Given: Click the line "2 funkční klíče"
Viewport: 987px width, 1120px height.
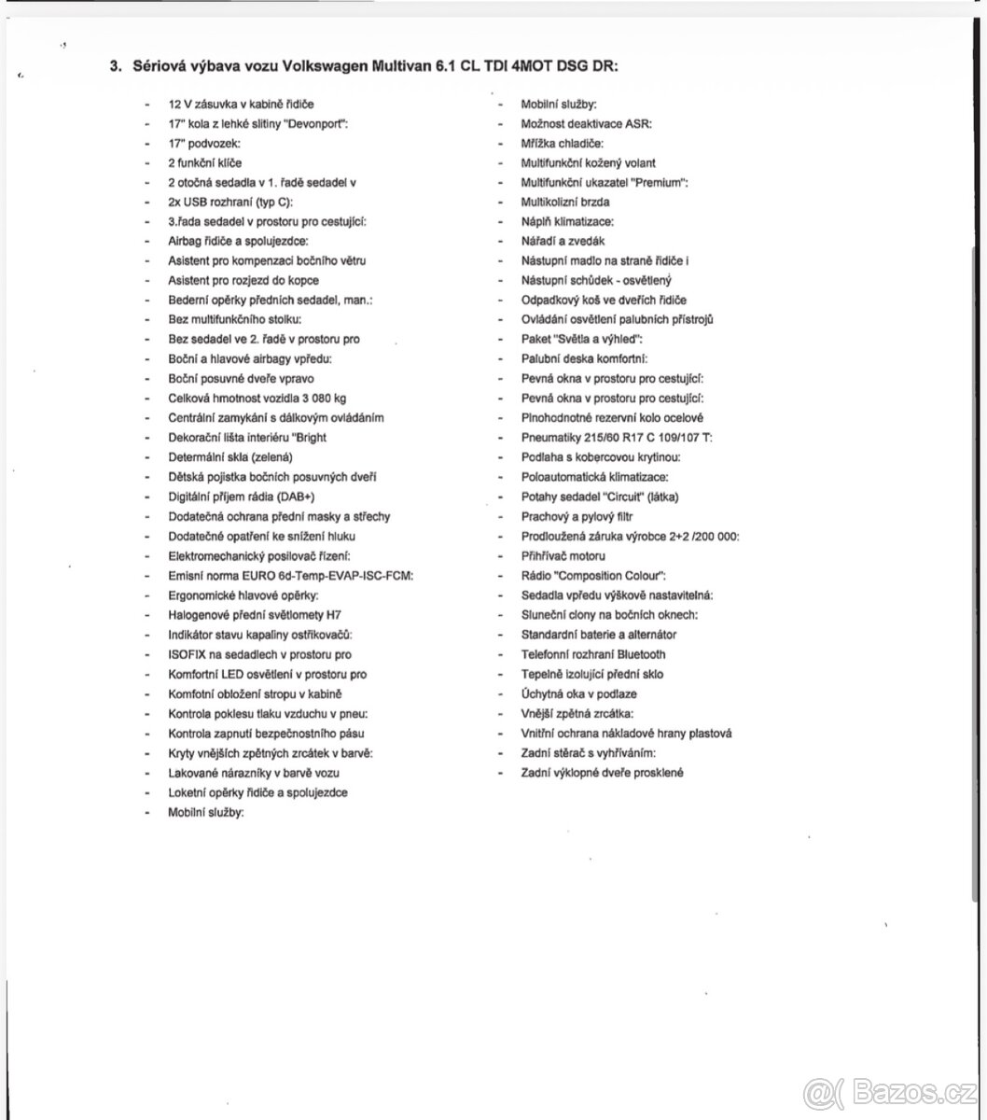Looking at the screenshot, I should point(205,163).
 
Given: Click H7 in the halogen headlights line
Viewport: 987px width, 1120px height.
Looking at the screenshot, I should point(315,615).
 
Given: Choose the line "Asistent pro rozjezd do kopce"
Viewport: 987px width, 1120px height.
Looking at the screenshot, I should point(243,281).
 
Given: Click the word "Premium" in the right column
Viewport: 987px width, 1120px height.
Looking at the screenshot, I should point(659,183).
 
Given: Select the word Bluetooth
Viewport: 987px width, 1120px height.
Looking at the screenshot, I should point(641,654).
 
